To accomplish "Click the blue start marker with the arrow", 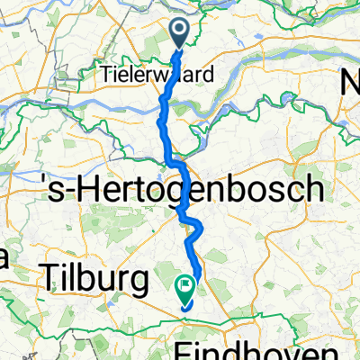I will [179, 34].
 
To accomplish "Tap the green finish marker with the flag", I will [185, 290].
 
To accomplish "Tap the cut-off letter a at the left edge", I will [4, 259].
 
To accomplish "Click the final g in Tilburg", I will [138, 284].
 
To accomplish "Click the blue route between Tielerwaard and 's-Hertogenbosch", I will [163, 126].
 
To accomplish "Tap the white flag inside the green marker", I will [185, 288].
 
